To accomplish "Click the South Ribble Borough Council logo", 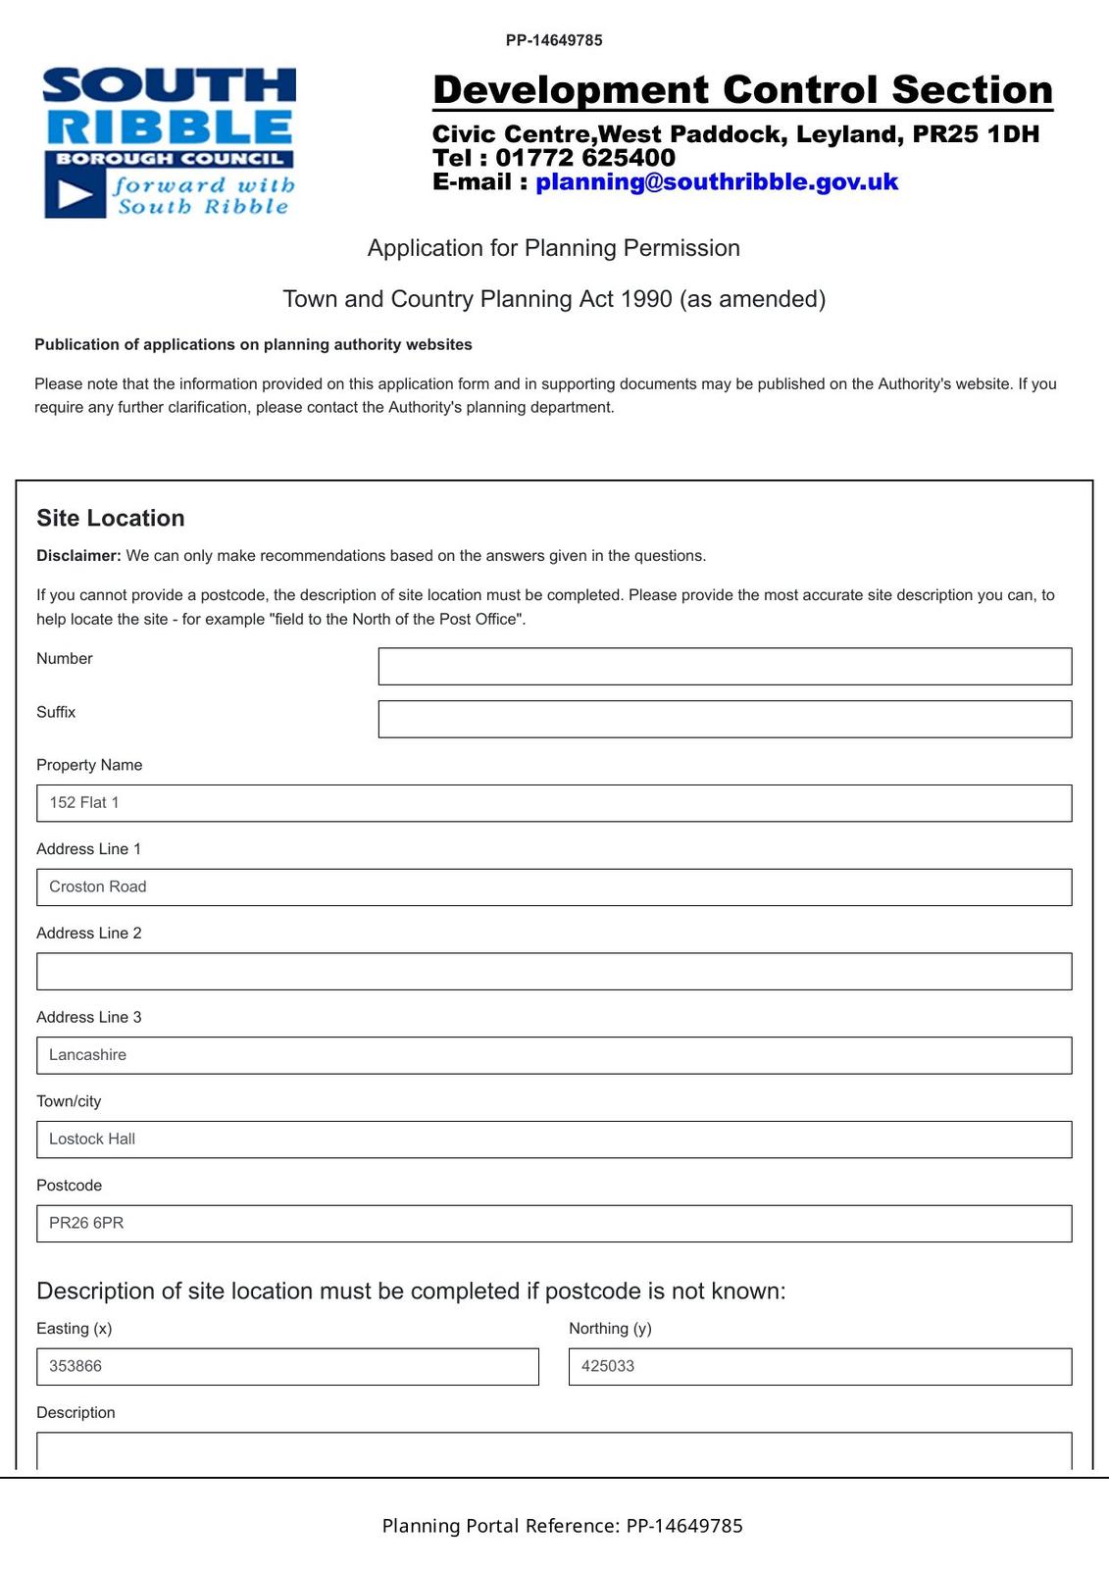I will coord(170,142).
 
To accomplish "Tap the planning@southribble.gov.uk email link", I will coord(716,182).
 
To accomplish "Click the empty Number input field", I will coord(725,667).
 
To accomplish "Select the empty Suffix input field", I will coord(725,720).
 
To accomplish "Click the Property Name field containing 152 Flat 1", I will coord(554,803).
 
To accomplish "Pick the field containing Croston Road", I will coord(554,887).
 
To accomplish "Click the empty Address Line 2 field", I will coord(554,972).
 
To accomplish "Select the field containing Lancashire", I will coord(554,1056).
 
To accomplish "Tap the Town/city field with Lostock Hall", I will coord(554,1139).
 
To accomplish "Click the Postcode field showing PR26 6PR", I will coord(554,1224).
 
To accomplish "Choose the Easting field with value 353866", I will coord(287,1367).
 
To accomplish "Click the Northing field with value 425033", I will coord(820,1367).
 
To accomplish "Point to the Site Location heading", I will coord(111,519).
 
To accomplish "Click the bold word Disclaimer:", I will coord(78,556).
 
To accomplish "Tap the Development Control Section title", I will coord(742,90).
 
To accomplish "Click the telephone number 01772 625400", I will coord(585,158).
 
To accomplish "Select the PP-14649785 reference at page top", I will coord(554,40).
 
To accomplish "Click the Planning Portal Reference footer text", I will coord(562,1526).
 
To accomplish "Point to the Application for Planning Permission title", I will coord(553,248).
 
